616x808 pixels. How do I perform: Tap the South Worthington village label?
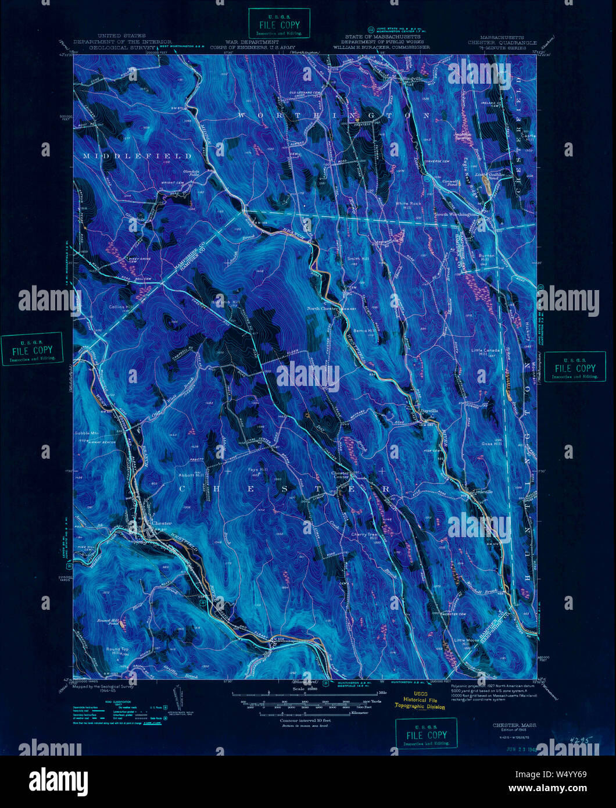point(457,214)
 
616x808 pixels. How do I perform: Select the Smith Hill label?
point(358,258)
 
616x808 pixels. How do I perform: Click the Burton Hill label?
point(486,258)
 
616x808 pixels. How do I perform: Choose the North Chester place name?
point(323,309)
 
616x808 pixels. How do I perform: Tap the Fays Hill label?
point(258,469)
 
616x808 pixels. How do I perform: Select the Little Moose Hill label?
point(465,642)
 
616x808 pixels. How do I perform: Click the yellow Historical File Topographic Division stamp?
point(420,700)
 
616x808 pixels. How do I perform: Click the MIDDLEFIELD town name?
point(137,156)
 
